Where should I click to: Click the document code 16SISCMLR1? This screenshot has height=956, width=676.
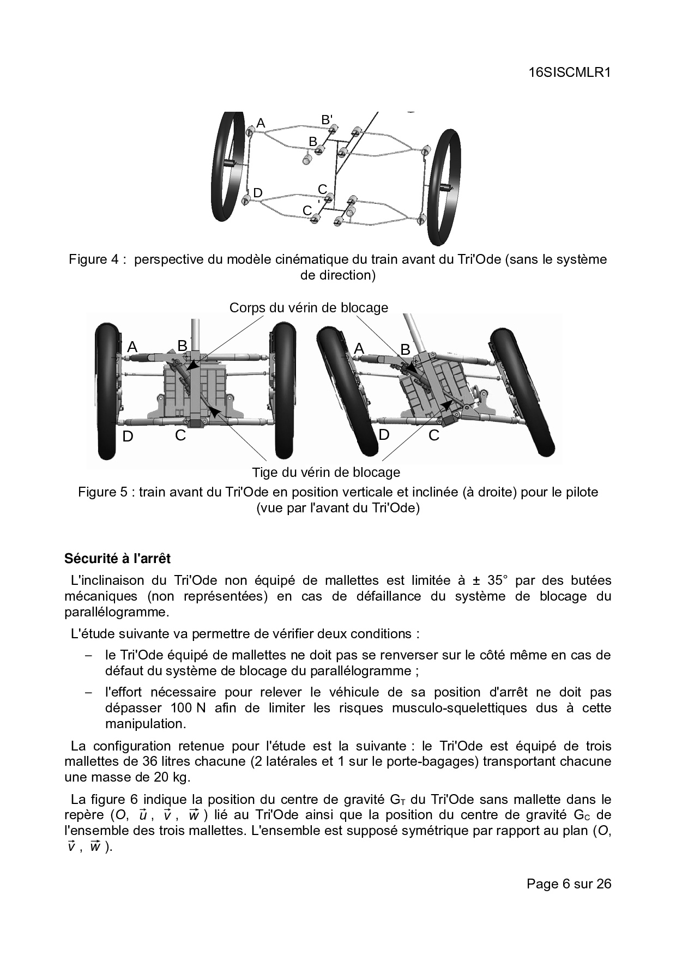click(569, 72)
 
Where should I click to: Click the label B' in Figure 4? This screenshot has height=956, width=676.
click(327, 119)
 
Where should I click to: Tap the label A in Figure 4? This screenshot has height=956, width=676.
click(261, 124)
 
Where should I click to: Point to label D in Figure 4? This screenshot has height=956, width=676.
click(258, 193)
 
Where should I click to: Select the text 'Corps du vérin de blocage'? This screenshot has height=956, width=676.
click(309, 307)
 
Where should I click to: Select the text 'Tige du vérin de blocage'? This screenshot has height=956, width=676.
click(325, 472)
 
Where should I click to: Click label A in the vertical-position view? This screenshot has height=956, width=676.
click(132, 347)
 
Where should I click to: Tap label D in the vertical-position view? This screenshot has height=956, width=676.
click(128, 437)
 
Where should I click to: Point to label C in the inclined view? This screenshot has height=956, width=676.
click(434, 435)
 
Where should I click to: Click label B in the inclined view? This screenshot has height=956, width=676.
click(405, 349)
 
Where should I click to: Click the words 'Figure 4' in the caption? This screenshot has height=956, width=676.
click(93, 259)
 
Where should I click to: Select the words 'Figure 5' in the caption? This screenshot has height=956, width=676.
click(102, 492)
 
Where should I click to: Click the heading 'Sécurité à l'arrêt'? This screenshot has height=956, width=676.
click(117, 559)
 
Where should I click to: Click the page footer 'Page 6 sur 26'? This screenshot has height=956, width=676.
click(569, 884)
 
